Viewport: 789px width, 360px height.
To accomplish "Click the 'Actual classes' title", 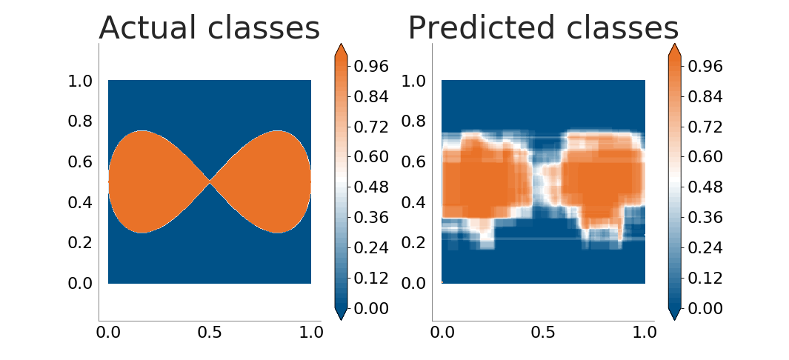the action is tap(210, 27).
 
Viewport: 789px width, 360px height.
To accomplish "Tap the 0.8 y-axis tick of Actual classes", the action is tap(81, 121).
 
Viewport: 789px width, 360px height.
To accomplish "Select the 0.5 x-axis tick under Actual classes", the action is tap(210, 333).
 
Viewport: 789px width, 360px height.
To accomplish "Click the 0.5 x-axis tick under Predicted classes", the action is tap(543, 333).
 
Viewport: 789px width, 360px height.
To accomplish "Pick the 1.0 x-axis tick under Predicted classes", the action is tap(645, 333).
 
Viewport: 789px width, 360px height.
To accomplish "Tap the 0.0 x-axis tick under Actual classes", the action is tap(108, 333).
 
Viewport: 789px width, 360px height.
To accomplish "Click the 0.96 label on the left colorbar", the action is tap(371, 66).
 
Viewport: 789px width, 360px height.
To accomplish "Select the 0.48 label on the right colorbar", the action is tap(705, 187).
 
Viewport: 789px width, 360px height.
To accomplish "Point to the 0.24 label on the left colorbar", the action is tap(371, 248).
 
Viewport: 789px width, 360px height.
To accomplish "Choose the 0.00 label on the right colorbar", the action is tap(705, 308).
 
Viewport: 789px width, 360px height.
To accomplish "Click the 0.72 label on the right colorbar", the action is tap(705, 127).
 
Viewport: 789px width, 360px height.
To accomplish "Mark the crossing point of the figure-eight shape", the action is tap(210, 182).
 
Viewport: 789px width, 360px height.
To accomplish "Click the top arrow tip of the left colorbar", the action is tap(341, 44).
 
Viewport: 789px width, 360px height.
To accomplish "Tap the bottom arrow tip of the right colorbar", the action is tap(674, 320).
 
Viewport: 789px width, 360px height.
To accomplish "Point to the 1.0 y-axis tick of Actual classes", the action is tap(81, 81).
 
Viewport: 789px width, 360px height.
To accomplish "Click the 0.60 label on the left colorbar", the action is tap(371, 157).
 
